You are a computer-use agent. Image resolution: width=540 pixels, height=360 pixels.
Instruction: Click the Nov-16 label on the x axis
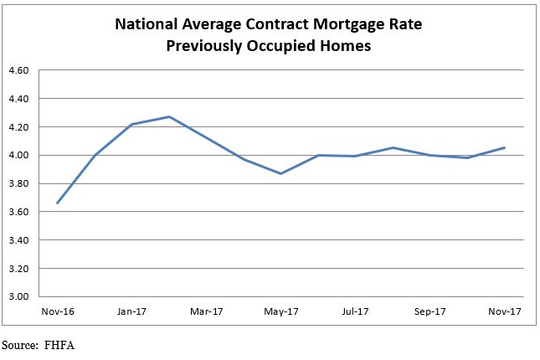click(56, 311)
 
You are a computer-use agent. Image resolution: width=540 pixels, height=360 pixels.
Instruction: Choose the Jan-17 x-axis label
click(131, 311)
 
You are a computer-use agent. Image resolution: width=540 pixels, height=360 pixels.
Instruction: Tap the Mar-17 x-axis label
click(206, 311)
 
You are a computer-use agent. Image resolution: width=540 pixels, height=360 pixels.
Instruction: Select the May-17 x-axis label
click(280, 311)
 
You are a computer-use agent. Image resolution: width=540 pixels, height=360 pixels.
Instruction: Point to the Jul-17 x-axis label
click(354, 311)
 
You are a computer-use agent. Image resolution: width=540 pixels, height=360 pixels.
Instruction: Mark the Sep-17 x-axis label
click(429, 311)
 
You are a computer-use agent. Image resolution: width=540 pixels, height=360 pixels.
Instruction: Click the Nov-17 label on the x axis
click(504, 311)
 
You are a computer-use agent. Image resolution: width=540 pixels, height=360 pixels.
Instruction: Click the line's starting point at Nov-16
click(57, 203)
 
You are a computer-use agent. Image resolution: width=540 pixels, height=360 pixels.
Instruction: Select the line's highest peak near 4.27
click(170, 116)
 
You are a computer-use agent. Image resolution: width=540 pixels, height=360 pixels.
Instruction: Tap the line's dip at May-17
click(281, 173)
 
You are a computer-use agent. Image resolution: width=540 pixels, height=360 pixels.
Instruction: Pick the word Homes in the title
click(344, 45)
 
